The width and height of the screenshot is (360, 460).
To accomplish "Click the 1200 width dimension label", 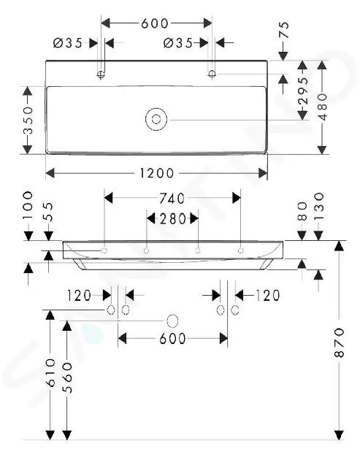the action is pos(157,173).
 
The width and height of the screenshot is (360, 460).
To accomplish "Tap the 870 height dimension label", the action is pos(339,342).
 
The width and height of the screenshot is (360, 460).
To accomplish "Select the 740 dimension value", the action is pos(172,199).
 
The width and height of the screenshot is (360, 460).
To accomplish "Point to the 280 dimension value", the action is pos(172,219).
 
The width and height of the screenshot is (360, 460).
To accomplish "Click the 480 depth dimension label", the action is pos(322,107).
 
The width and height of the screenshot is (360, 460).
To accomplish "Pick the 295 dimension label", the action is pos(303,91).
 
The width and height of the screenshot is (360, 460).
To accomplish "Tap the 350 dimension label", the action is pos(28,120).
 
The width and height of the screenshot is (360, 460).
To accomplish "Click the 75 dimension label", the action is pos(284,30).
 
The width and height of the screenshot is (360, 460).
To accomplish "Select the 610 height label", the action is pos(50,372).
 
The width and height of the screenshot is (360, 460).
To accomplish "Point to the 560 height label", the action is pos(67,378).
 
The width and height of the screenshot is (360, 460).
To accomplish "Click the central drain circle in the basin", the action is pos(156,119).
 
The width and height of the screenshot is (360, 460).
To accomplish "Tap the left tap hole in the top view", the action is pos(102,74).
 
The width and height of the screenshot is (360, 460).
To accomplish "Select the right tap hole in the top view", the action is pos(212,74).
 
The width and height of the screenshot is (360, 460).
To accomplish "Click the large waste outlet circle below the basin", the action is pos(172,321).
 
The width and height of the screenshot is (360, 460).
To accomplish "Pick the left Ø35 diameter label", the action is pos(67,43).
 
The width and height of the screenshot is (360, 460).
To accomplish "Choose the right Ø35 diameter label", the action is pos(177,43).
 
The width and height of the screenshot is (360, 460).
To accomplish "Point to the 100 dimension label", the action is pos(28,205).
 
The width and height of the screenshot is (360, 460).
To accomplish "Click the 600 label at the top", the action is pos(155,23).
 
